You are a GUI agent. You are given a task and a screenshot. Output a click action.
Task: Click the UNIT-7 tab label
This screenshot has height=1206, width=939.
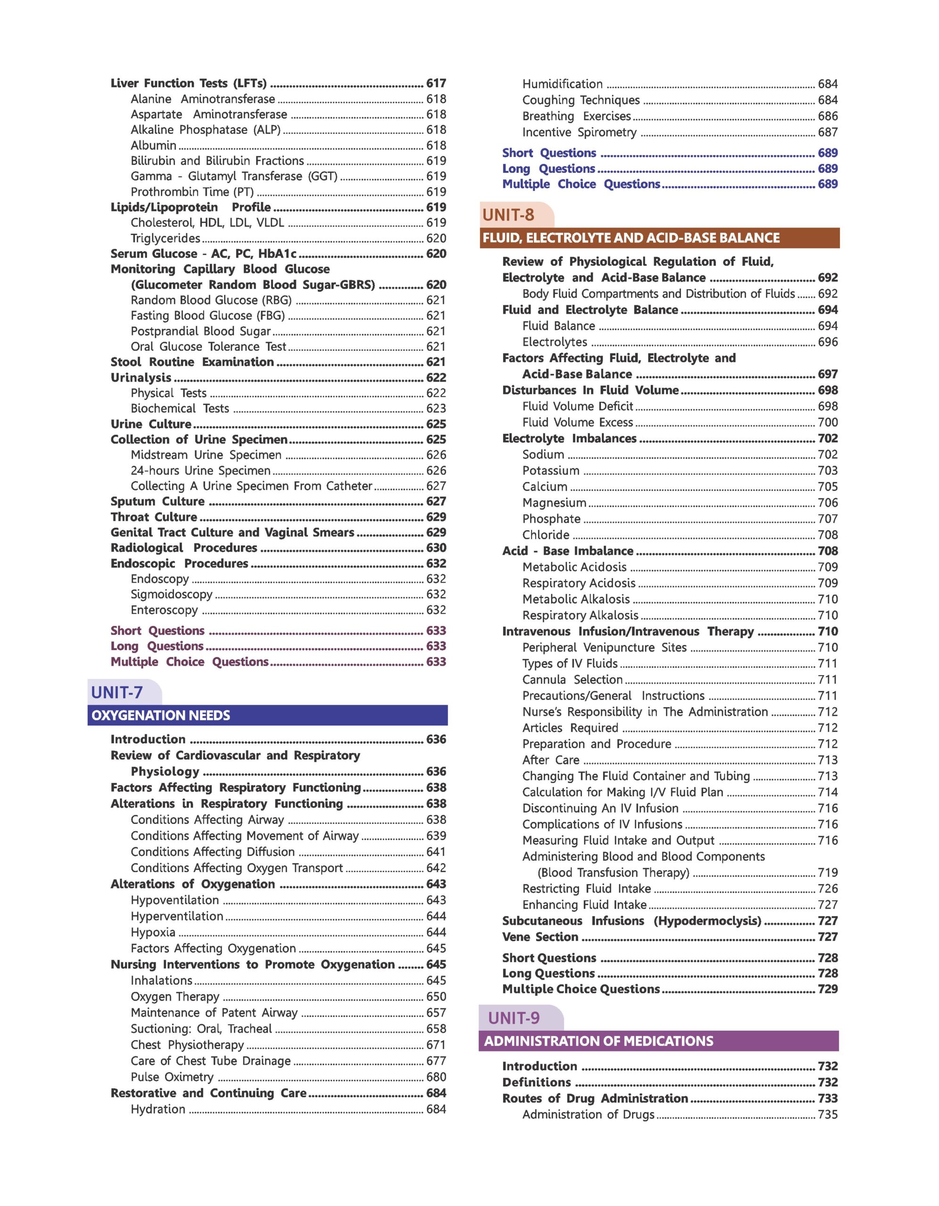pos(117,692)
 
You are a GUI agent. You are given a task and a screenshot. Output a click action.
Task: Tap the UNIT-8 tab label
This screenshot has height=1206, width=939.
pos(508,215)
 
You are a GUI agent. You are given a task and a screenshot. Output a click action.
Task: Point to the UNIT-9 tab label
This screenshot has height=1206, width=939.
pos(514,1018)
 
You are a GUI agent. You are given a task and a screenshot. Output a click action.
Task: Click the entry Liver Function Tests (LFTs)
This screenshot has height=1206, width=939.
pos(189,83)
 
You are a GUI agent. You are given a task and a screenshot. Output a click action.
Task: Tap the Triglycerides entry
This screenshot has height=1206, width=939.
pos(165,238)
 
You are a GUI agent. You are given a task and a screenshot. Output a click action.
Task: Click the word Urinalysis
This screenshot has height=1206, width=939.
pos(141,378)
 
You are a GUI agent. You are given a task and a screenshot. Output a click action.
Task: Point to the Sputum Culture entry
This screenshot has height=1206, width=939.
pos(158,501)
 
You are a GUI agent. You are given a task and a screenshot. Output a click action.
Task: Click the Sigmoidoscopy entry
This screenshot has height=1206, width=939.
pos(171,594)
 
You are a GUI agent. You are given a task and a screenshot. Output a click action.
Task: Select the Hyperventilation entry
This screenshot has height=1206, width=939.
pos(177,916)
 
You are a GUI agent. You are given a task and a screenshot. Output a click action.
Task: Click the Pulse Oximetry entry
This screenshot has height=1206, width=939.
pos(172,1077)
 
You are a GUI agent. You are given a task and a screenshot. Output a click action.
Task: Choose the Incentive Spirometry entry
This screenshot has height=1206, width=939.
pos(579,132)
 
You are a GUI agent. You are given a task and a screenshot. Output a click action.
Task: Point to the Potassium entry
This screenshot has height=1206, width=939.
pos(551,471)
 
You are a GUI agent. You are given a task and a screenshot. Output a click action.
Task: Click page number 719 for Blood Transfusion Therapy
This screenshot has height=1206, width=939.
pos(827,872)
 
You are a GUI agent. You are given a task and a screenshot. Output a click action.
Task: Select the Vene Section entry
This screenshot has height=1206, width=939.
pos(540,937)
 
